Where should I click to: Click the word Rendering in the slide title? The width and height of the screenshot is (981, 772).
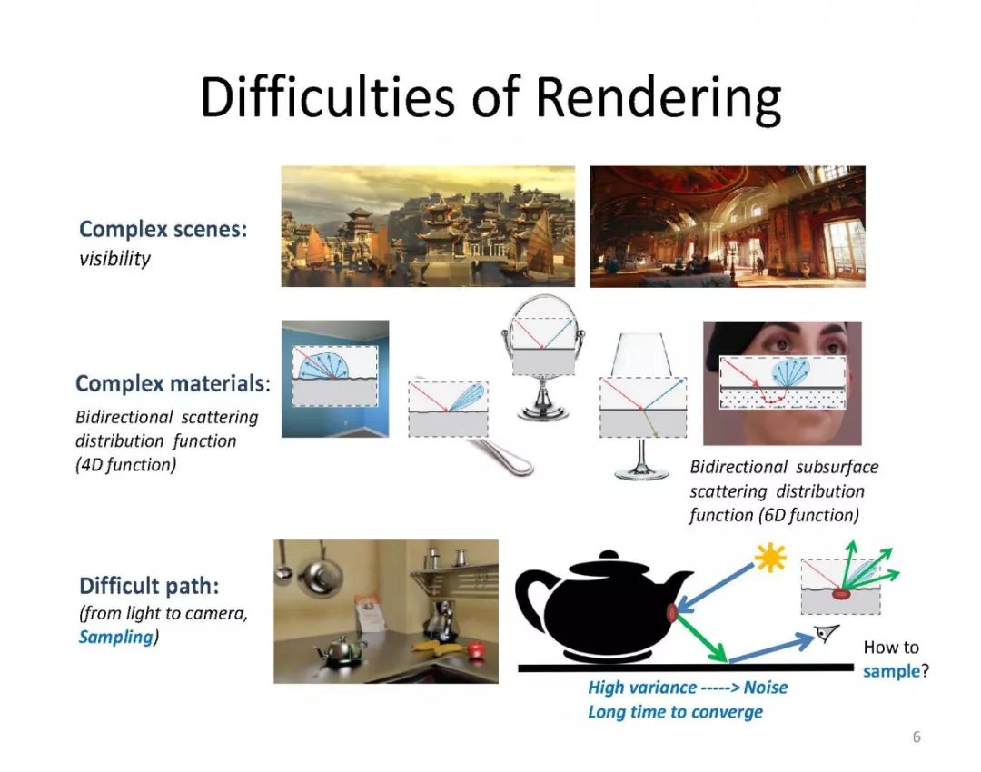658,98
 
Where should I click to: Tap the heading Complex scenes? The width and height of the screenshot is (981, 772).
163,229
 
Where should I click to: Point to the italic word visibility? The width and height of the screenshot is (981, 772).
114,259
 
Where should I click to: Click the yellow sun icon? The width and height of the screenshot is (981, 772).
770,558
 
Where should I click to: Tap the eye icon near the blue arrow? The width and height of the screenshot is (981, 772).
827,635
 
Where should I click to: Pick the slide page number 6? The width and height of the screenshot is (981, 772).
917,737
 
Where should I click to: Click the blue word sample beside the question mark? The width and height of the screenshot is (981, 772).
891,672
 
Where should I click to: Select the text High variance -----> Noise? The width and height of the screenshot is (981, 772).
688,688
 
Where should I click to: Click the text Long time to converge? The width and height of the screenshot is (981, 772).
675,711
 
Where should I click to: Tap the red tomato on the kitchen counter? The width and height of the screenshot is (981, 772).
474,648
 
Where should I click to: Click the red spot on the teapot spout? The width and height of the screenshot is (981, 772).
673,613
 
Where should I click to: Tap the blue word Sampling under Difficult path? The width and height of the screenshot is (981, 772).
115,637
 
